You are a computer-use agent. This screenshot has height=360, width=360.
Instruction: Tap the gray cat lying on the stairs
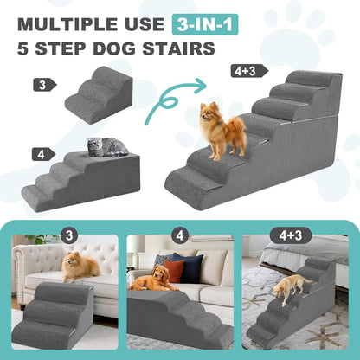[107, 147]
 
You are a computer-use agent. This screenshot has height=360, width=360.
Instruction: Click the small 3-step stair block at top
[100, 95]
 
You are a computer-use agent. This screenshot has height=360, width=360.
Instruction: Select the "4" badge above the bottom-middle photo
[179, 235]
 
